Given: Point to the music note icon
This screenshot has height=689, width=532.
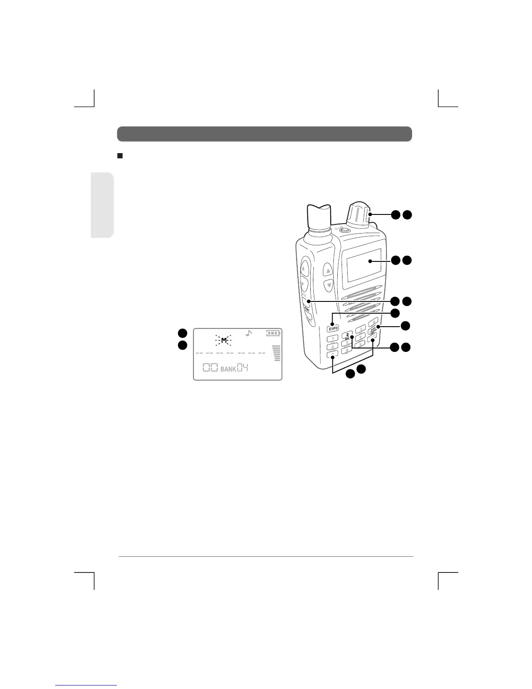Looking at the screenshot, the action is point(248,333).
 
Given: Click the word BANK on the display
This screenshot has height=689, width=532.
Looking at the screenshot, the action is point(228,369).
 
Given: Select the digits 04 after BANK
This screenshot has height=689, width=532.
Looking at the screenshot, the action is point(243,368).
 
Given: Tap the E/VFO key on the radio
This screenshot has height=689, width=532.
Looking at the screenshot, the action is point(333,328).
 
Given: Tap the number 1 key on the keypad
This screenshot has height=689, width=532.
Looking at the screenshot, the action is point(333,339).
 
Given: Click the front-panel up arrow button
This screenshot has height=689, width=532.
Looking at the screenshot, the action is point(328,271).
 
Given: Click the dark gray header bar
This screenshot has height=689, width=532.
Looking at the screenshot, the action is point(264,134).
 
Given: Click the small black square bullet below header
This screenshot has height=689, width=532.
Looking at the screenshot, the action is point(120,155).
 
